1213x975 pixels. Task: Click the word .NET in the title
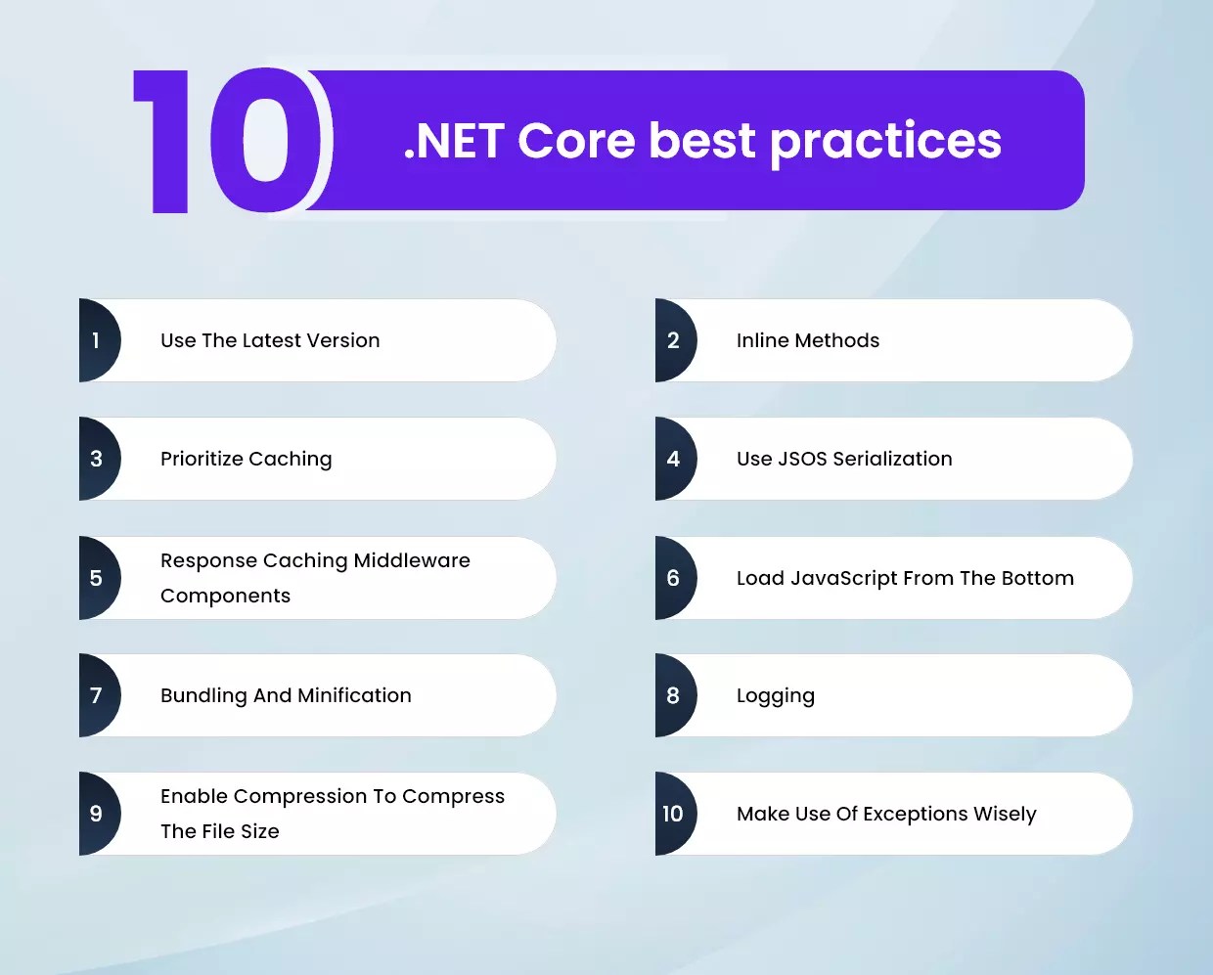coord(454,141)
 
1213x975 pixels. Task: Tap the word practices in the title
coord(885,143)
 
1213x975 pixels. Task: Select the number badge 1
coord(97,340)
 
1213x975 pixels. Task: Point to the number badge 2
coord(673,340)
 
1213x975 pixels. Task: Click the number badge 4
coord(673,459)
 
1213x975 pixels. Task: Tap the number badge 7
coord(97,695)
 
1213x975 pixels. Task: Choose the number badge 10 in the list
coord(673,814)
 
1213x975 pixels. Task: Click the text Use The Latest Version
coord(270,340)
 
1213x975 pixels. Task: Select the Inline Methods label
coord(808,340)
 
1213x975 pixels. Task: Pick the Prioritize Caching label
coord(247,459)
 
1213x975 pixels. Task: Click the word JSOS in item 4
coord(802,459)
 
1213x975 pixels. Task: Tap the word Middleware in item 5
coord(412,560)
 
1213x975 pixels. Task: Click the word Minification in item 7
coord(354,695)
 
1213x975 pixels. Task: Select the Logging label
coord(776,696)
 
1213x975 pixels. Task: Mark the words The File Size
coord(220,831)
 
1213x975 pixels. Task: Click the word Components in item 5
coord(225,596)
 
